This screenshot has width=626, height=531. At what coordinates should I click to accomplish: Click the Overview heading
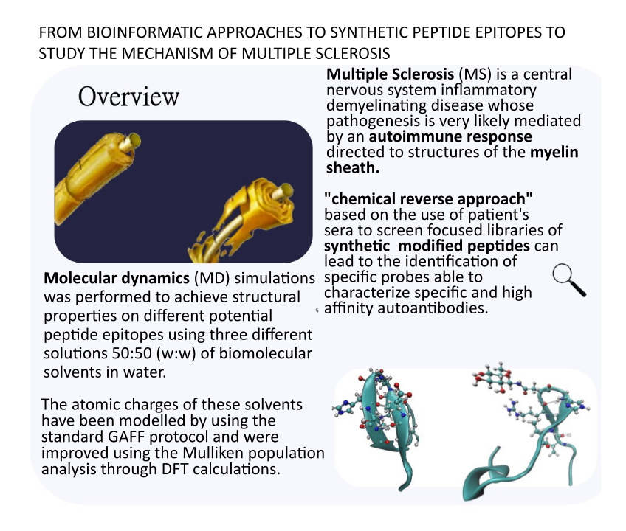coord(128,96)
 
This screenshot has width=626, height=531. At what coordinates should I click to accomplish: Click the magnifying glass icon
coord(569,280)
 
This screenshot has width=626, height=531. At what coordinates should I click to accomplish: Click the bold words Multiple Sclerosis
coord(390,74)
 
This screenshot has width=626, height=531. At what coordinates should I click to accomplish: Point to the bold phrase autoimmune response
coord(450,136)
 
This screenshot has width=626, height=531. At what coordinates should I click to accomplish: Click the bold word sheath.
coord(353,167)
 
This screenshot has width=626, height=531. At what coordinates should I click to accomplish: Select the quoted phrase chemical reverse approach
coord(428,198)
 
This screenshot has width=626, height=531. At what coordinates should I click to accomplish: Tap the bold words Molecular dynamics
coord(117,277)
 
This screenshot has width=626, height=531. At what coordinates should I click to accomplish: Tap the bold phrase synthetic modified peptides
coord(427,246)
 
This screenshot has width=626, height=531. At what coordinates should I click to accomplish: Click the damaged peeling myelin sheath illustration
coord(244,221)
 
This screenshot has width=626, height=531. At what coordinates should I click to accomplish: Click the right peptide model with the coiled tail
coord(526,431)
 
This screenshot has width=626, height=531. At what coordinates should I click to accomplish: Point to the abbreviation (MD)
coord(212,278)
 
